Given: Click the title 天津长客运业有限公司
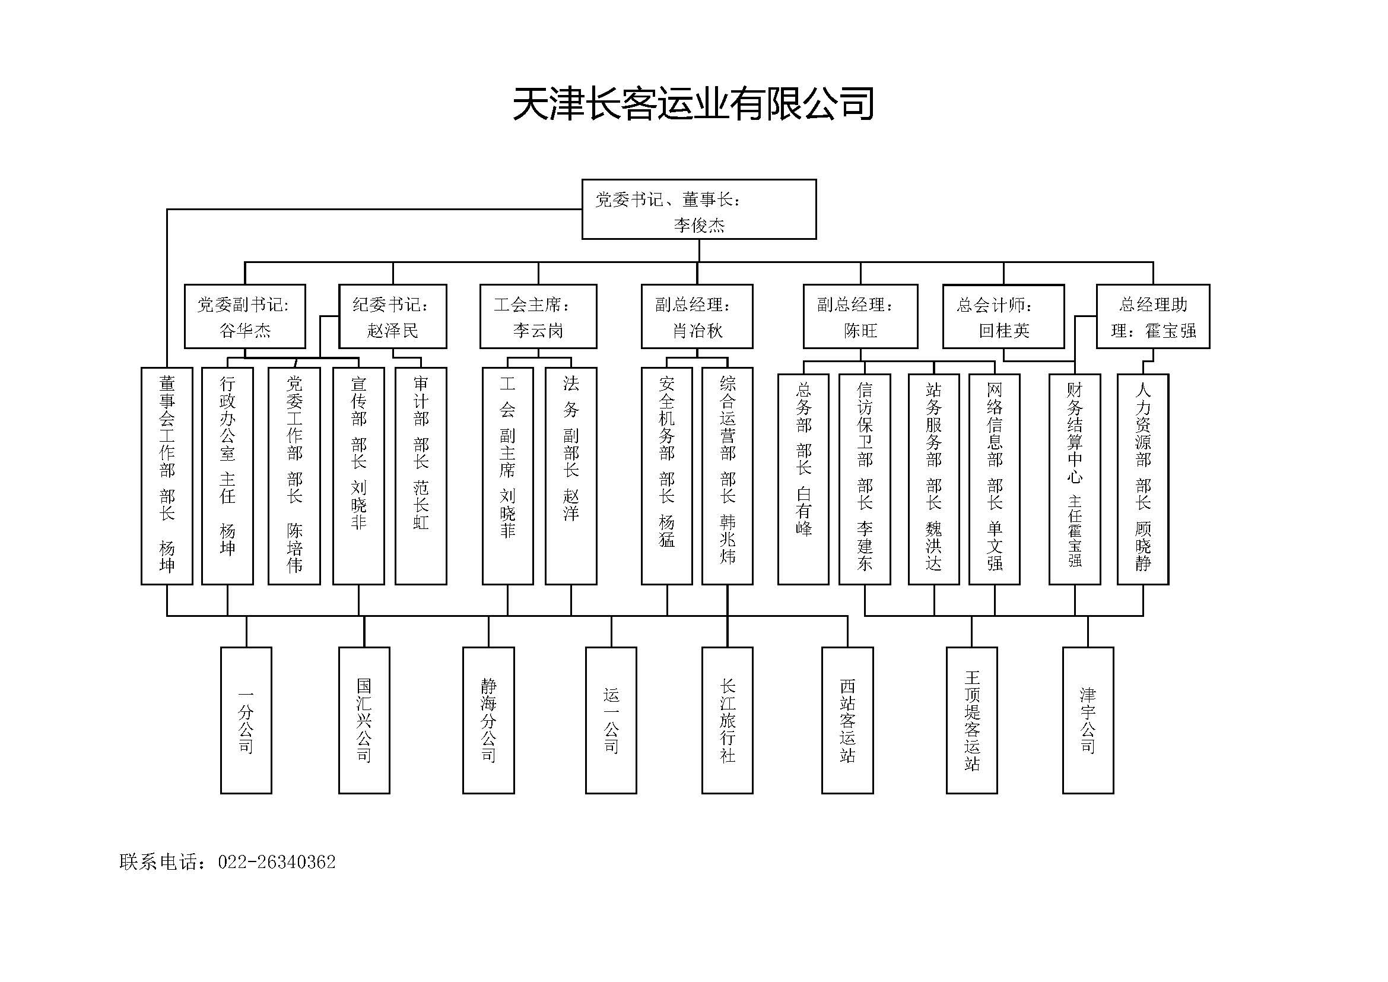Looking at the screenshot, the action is coord(693,103).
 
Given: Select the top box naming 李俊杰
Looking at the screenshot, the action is coord(699,209).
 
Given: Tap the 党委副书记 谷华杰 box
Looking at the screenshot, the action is coord(245,316).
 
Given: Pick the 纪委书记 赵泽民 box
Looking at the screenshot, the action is coord(393,316).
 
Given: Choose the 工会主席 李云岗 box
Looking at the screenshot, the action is coord(538,316).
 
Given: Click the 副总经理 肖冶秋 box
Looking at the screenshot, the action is coord(697,316).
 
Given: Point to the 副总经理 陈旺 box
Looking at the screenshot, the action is coord(860,316).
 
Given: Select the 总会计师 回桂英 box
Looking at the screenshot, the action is coord(1003,316).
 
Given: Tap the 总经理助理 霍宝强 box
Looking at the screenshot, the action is coord(1153,316).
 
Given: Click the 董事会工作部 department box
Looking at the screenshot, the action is coord(167,476).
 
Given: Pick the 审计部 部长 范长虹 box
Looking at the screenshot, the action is coord(421,476).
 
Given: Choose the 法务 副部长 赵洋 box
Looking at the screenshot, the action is coord(571,476).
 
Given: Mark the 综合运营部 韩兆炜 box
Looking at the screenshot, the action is coord(728,476).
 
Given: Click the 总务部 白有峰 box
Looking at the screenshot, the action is coord(803,480).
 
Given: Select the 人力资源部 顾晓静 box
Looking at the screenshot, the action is coord(1142,480).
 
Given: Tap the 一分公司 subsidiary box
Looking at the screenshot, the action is coord(246,720).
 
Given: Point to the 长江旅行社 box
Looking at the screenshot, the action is coord(728,720).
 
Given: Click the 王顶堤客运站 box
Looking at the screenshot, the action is coord(971,720).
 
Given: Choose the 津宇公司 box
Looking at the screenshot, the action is coord(1088,720).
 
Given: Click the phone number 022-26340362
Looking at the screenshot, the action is coord(277,862).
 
